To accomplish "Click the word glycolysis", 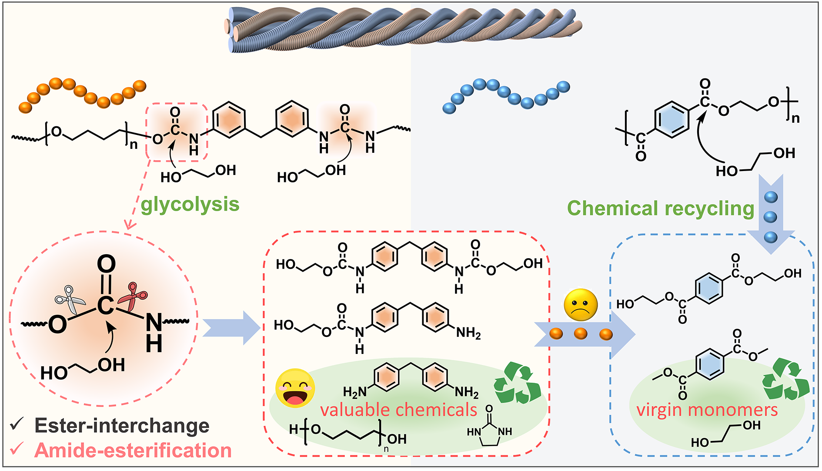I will [190, 204].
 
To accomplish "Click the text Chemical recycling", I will [660, 208].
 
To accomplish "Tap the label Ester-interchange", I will [122, 426].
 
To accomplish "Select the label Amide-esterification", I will [133, 451].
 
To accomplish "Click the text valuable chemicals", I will [398, 410].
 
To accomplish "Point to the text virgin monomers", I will [707, 410].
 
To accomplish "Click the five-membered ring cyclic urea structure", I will [490, 432].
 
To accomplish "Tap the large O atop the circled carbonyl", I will [106, 264].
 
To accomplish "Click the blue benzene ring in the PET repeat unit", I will [672, 119].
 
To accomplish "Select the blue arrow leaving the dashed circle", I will [231, 328].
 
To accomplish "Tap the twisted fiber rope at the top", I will [404, 30].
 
